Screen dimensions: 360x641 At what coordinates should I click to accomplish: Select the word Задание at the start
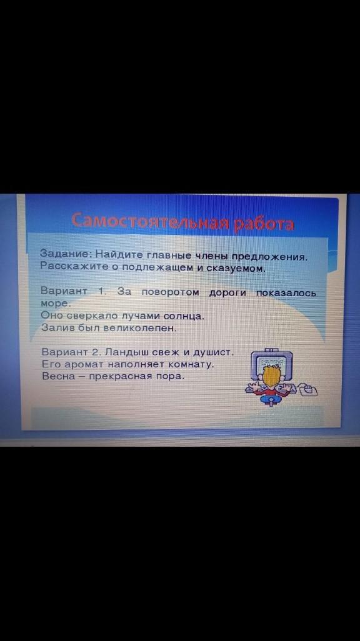[x=66, y=254]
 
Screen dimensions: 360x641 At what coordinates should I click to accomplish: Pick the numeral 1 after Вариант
[x=100, y=292]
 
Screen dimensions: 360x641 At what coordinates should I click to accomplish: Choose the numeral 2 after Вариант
[x=96, y=352]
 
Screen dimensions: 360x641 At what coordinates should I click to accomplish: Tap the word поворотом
[x=170, y=292]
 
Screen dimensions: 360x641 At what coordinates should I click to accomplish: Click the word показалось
[x=286, y=293]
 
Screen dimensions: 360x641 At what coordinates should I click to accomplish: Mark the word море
[x=56, y=304]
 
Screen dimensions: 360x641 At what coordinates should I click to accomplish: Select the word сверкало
[x=86, y=316]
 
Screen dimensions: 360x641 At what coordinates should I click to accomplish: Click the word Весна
[x=59, y=376]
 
